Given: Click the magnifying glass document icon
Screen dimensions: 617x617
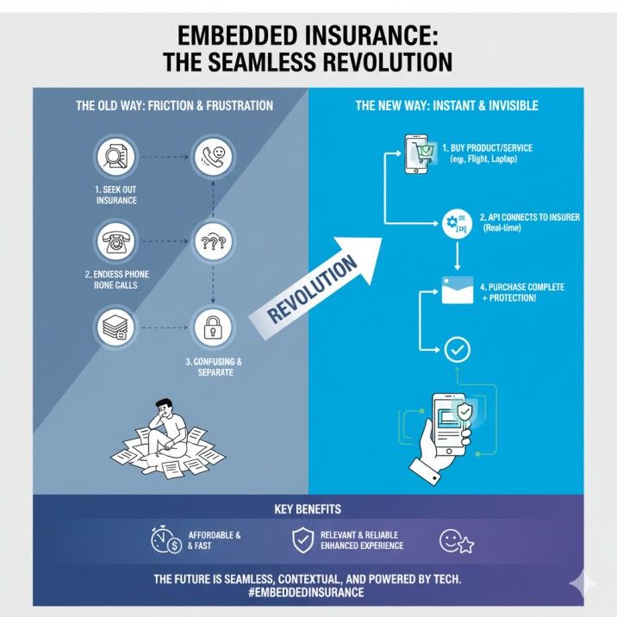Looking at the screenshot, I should point(116,158).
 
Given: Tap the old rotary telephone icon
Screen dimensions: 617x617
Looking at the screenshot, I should point(116,242).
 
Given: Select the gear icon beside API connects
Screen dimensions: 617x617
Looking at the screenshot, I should point(454,224).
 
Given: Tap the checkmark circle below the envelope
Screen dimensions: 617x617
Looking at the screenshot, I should point(458,349).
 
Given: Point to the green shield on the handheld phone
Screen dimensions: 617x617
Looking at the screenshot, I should point(465,413).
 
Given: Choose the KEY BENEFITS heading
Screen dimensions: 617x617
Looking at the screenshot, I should point(308,509).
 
